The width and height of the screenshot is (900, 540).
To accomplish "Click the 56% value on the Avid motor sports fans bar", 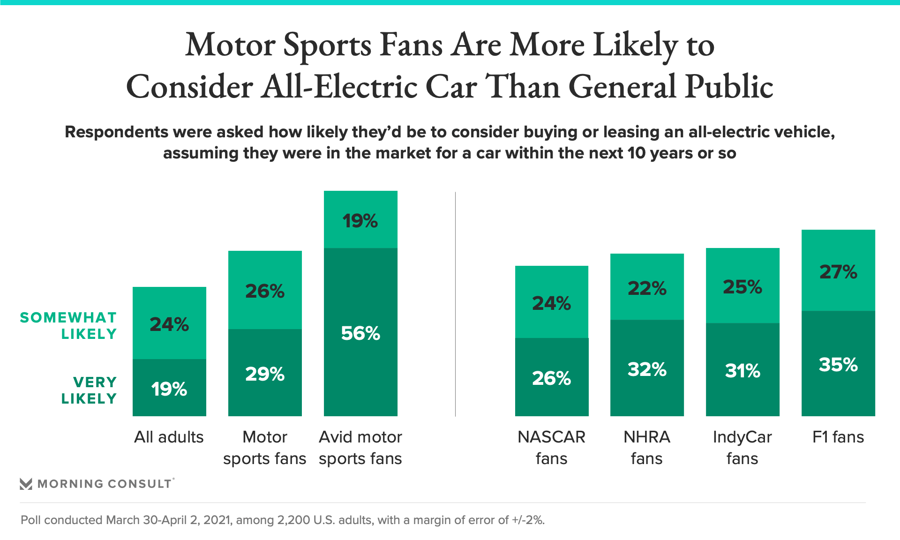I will (x=360, y=333).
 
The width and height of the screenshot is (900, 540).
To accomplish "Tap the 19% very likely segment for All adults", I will (x=169, y=388).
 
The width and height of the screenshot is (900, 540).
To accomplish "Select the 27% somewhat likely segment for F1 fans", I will (x=838, y=271).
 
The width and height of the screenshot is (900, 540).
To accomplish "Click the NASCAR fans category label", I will (x=551, y=447).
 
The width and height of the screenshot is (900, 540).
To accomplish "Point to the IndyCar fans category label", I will (x=742, y=447).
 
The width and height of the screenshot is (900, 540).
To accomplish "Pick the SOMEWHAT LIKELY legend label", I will (x=68, y=325).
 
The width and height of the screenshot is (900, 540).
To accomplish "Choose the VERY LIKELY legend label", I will (x=89, y=390).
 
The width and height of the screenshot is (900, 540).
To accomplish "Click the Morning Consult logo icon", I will (x=26, y=484).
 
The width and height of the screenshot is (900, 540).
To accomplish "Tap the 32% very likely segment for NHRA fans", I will (x=647, y=369).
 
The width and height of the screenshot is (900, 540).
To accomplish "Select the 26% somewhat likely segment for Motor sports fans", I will (x=265, y=291).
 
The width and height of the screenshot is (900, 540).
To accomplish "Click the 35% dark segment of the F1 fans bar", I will (x=838, y=364).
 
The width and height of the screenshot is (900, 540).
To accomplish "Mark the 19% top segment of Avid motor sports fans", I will (x=360, y=220).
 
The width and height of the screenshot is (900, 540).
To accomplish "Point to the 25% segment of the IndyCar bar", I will (x=742, y=286).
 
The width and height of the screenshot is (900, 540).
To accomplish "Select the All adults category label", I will (x=169, y=437).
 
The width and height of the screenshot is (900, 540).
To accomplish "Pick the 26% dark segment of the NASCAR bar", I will (x=551, y=378).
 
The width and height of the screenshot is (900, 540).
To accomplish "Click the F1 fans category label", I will (x=838, y=437).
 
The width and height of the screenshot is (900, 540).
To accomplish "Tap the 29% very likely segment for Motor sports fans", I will (x=265, y=374).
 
